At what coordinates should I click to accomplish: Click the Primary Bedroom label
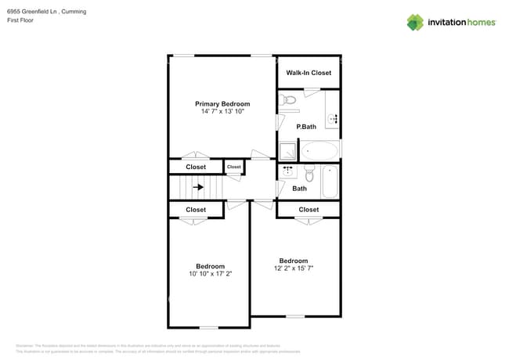(x=222, y=104)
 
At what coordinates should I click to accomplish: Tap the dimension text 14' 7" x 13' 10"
(x=222, y=112)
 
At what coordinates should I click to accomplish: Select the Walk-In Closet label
(x=309, y=73)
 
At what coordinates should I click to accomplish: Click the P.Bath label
(x=305, y=126)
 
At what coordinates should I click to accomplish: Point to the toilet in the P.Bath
(x=289, y=100)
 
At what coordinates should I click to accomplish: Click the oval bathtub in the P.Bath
(x=319, y=150)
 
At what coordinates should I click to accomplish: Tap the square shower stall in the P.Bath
(x=287, y=151)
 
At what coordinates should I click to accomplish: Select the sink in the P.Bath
(x=333, y=119)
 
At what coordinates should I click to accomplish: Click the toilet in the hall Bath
(x=309, y=171)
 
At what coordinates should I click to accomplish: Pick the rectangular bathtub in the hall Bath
(x=330, y=182)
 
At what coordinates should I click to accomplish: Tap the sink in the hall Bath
(x=287, y=171)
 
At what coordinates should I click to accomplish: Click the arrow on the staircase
(x=199, y=187)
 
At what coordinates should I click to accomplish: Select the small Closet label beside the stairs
(x=234, y=167)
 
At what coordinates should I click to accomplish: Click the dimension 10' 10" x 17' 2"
(x=210, y=274)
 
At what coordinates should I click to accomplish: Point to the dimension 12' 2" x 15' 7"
(x=294, y=268)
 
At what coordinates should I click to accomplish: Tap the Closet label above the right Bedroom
(x=309, y=210)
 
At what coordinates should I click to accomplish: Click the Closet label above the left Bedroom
(x=196, y=210)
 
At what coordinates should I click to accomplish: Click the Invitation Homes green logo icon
(x=415, y=23)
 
